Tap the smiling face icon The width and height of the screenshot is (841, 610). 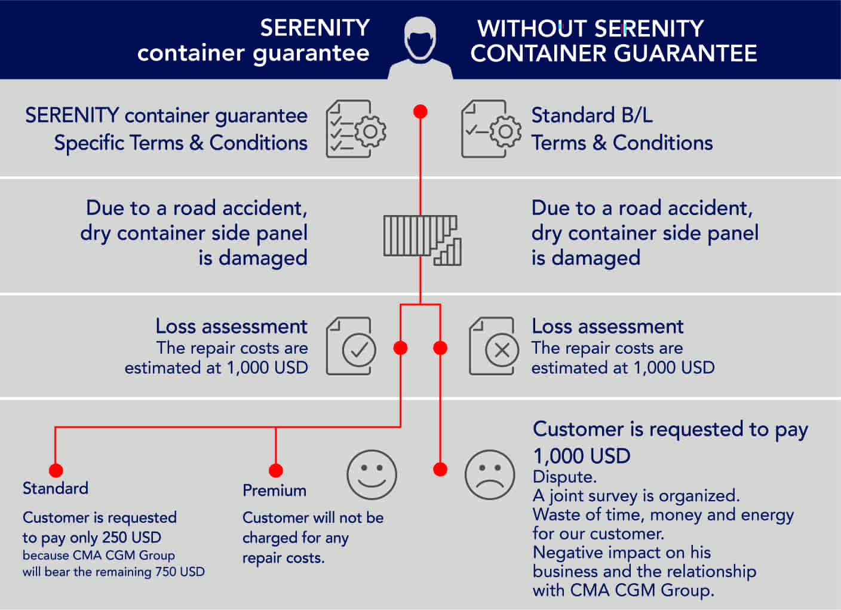(372, 475)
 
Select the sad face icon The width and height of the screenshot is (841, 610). (490, 475)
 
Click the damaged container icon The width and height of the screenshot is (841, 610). (422, 240)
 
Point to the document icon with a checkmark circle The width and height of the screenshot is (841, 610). (351, 347)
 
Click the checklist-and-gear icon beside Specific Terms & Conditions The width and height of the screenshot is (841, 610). (356, 129)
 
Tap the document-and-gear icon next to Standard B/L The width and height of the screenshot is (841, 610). (491, 129)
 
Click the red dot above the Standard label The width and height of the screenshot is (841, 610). (56, 470)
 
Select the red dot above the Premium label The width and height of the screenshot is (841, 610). (275, 470)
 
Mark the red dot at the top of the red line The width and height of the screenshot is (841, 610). (420, 112)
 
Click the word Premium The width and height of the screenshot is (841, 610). (274, 491)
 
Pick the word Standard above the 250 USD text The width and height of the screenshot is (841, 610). (55, 489)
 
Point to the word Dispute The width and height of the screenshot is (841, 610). (564, 477)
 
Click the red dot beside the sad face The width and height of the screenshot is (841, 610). (440, 469)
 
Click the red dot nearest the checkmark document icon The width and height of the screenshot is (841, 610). (401, 348)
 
